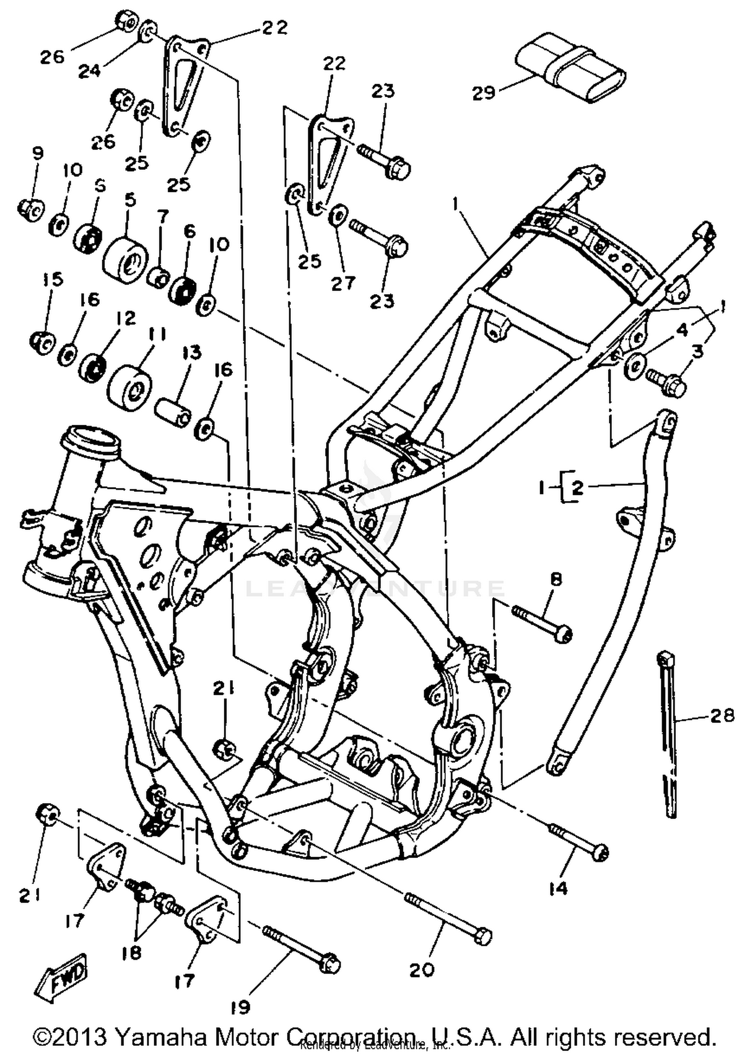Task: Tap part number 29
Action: [x=484, y=93]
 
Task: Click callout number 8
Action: [x=556, y=580]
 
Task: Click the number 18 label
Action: [x=131, y=952]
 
